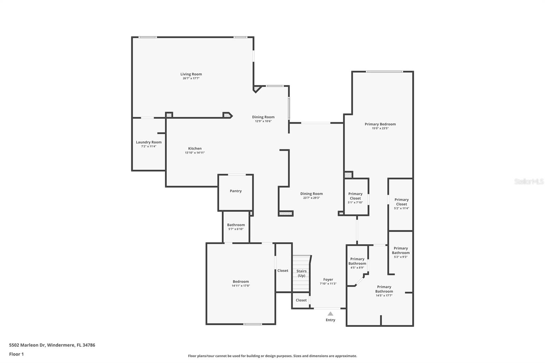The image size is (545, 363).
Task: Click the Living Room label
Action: pyautogui.click(x=191, y=74)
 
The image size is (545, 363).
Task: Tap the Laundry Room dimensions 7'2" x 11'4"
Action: pyautogui.click(x=149, y=146)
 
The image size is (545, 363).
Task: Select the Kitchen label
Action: pyautogui.click(x=195, y=148)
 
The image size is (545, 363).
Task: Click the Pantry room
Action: pyautogui.click(x=235, y=191)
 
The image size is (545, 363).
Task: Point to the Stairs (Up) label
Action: pyautogui.click(x=301, y=273)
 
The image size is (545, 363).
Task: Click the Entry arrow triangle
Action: pyautogui.click(x=330, y=314)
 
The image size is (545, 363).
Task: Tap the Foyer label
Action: pyautogui.click(x=328, y=280)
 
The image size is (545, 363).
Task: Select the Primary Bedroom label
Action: pyautogui.click(x=380, y=124)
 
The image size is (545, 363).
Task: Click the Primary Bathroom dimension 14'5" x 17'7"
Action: pyautogui.click(x=384, y=296)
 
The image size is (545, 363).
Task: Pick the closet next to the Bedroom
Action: pyautogui.click(x=283, y=271)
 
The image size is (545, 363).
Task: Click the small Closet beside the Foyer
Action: pyautogui.click(x=301, y=300)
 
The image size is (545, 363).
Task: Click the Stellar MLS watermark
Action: pyautogui.click(x=529, y=181)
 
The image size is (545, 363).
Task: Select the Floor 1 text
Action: pyautogui.click(x=16, y=354)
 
